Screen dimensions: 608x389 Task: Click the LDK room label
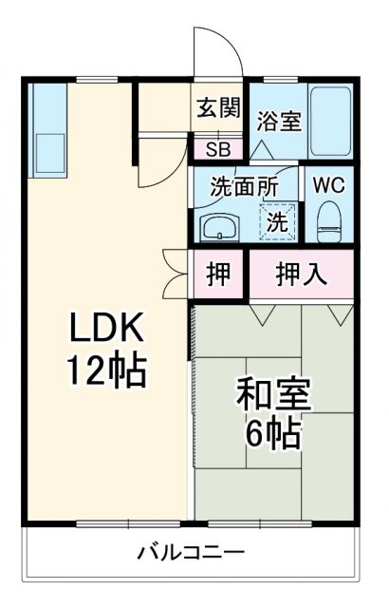[x=104, y=330]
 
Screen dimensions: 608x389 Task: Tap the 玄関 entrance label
[x=218, y=108]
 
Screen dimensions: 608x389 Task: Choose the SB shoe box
[x=218, y=148]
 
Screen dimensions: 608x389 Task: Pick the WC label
[x=328, y=183]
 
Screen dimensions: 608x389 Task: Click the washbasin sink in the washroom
[x=220, y=227]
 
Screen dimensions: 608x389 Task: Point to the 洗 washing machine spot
[x=277, y=222]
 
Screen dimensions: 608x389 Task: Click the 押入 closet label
[x=302, y=275]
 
